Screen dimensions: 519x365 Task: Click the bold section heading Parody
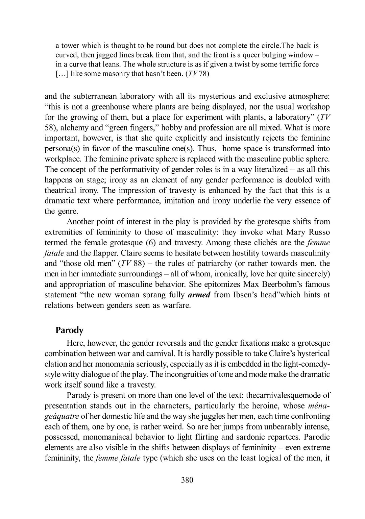coord(69,330)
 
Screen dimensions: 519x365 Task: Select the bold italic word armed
coord(199,295)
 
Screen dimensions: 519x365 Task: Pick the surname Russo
coord(318,232)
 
